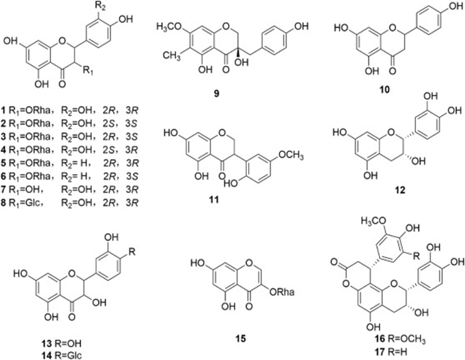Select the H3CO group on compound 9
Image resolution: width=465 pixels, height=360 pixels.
[x=167, y=30]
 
